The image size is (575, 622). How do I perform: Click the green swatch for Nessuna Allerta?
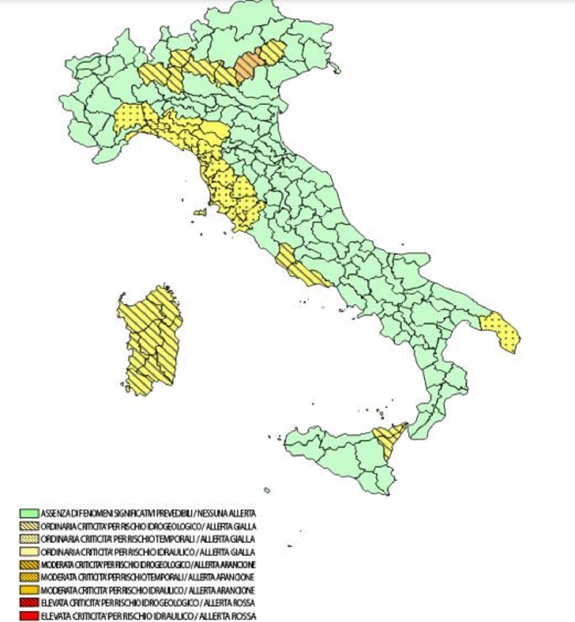click(x=29, y=514)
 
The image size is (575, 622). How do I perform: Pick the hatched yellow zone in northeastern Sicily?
click(x=390, y=436)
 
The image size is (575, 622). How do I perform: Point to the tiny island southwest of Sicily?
click(x=267, y=490)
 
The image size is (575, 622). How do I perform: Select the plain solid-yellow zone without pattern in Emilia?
click(x=214, y=129)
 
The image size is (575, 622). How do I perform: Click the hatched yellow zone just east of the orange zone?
click(x=273, y=51)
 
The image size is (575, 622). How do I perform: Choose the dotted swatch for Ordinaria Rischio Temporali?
click(x=29, y=539)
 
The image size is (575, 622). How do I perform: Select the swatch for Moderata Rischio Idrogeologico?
click(x=29, y=564)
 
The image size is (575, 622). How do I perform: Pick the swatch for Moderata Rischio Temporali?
click(x=29, y=577)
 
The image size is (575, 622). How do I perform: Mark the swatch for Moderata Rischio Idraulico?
click(x=29, y=590)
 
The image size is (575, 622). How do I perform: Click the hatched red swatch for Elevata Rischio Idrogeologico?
click(x=29, y=603)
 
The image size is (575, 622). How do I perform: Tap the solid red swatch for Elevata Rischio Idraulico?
click(x=29, y=616)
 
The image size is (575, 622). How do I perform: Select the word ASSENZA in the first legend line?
click(x=52, y=514)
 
